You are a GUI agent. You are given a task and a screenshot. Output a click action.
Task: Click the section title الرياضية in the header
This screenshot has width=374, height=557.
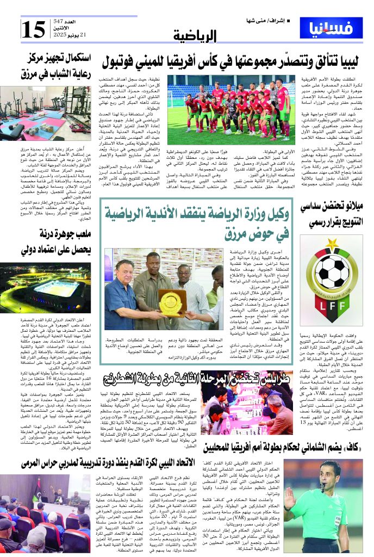(196, 36)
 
